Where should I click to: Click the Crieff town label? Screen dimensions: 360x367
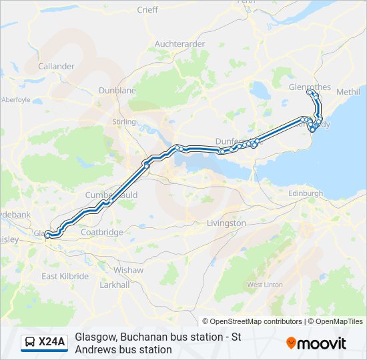(x=147, y=9)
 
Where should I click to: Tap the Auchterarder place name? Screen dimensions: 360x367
(x=179, y=44)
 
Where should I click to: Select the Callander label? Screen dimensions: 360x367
(x=57, y=67)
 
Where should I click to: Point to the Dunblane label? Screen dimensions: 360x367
(x=117, y=91)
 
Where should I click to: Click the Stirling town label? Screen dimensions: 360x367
(x=125, y=122)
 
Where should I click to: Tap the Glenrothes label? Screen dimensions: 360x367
(x=310, y=87)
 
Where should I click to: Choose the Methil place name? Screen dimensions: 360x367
(x=348, y=91)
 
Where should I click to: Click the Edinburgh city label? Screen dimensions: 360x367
(x=306, y=193)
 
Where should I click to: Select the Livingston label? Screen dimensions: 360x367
(x=226, y=223)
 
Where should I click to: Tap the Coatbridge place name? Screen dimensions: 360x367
(x=101, y=232)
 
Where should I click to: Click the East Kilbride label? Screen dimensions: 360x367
(x=65, y=276)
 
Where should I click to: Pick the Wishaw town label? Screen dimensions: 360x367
(x=128, y=270)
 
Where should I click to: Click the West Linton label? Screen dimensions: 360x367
(x=265, y=285)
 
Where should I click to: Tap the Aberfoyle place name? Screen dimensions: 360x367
(x=16, y=99)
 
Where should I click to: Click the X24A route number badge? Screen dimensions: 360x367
(x=45, y=343)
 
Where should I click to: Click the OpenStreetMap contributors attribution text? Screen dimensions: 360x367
(x=252, y=321)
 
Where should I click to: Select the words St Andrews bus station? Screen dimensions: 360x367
(x=123, y=349)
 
